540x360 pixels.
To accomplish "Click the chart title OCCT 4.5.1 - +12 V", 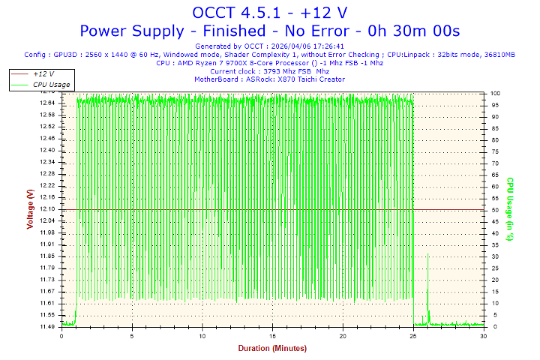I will click(269, 13).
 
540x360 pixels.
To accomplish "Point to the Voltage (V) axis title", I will click(30, 209).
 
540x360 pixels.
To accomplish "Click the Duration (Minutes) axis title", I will click(272, 348).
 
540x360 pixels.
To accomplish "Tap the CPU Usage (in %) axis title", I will click(509, 209).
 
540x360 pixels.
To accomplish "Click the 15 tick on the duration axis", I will click(273, 336).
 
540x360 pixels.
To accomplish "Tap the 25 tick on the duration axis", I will click(414, 336).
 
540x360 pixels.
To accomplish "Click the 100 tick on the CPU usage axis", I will click(496, 93).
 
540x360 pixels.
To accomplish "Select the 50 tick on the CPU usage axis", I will click(494, 210).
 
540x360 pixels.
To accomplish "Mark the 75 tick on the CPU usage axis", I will click(494, 151).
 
